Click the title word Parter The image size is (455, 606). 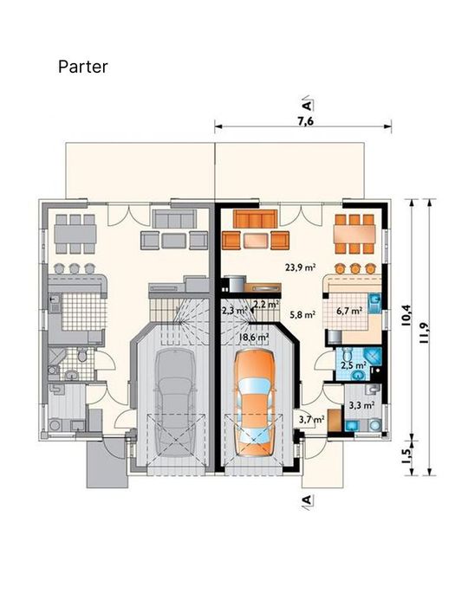(x=83, y=67)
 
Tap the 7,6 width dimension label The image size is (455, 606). (x=305, y=121)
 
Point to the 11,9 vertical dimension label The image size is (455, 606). (x=423, y=332)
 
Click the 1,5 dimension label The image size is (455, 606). (x=406, y=456)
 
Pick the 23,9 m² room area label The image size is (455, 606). (x=301, y=267)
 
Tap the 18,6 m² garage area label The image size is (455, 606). (x=254, y=337)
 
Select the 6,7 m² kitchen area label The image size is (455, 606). (x=349, y=311)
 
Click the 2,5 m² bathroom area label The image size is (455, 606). (x=354, y=364)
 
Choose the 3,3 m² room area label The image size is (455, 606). (x=361, y=405)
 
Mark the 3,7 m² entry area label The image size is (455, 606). (x=312, y=418)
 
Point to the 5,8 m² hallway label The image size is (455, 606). (x=302, y=314)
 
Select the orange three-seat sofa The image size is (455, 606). (x=256, y=219)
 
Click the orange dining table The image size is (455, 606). (x=354, y=234)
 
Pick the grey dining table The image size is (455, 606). (x=75, y=234)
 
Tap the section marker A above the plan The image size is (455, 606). (x=307, y=105)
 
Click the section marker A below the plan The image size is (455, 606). (x=307, y=500)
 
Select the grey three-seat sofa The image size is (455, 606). (x=174, y=219)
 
